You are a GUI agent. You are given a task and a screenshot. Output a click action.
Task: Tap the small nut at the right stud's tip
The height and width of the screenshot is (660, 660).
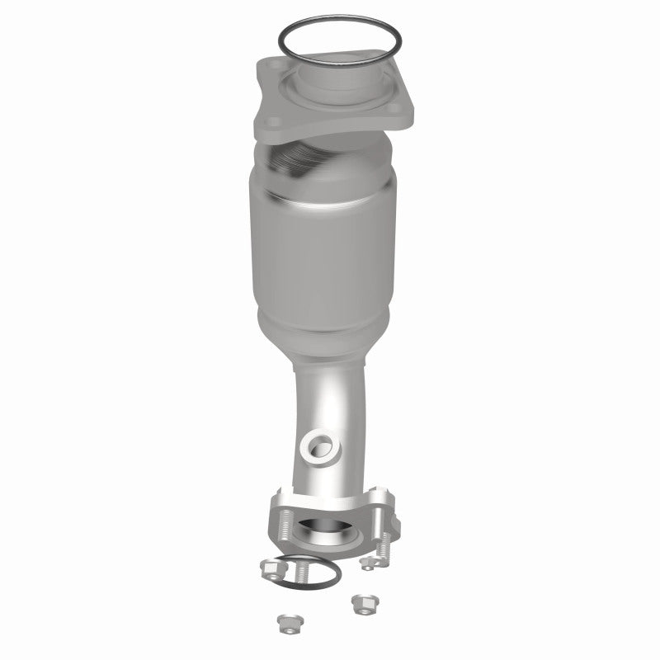(366, 563)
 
